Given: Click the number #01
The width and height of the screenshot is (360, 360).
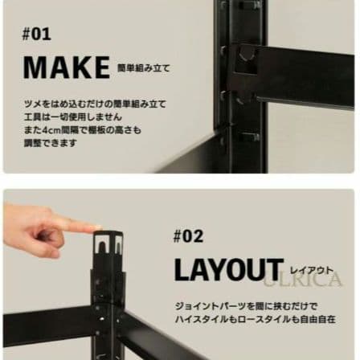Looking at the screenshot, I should [x=37, y=34].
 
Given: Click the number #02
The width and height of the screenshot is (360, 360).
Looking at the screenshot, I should [x=188, y=235].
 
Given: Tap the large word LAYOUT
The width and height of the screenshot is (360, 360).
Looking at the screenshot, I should [x=228, y=269].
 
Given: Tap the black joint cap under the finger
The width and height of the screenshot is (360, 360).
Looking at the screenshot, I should [x=108, y=243].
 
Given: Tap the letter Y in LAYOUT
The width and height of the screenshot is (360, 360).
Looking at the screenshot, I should [x=217, y=269].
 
